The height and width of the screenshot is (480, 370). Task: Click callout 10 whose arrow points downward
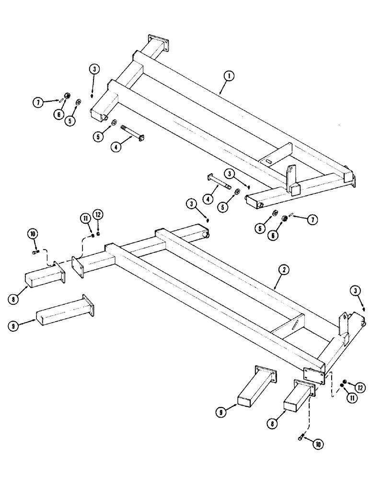coord(33,234)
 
